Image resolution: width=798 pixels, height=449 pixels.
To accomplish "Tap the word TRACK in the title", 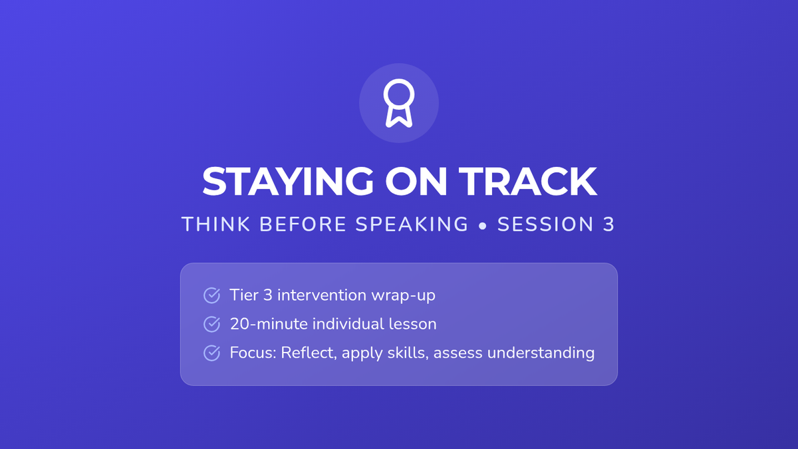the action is pos(527,182).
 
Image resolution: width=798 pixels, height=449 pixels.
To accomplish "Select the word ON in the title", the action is pos(416,182).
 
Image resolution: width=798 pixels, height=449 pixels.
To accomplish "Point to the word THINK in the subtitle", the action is pos(216,224).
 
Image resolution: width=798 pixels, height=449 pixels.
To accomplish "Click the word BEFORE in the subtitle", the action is pos(303,224).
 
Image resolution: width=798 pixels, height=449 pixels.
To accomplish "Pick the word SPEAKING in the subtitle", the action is pos(412,224).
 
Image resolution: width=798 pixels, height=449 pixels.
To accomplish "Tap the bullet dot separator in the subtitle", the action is pos(483,225).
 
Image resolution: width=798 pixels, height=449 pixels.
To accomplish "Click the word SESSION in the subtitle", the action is pos(545,224).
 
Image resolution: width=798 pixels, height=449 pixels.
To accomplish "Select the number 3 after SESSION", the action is pos(609,224).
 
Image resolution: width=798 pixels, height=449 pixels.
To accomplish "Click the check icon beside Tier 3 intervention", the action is pos(211,295).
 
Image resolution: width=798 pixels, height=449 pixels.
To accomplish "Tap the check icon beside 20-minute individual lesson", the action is pos(211,325).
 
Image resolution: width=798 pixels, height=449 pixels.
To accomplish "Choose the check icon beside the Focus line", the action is pos(211,353).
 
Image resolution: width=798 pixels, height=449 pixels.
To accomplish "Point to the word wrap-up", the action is pos(403,296).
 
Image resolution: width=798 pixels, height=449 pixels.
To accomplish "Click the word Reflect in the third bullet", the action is pos(309,353).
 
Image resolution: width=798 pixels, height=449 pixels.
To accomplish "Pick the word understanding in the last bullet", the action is pos(541,353).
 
